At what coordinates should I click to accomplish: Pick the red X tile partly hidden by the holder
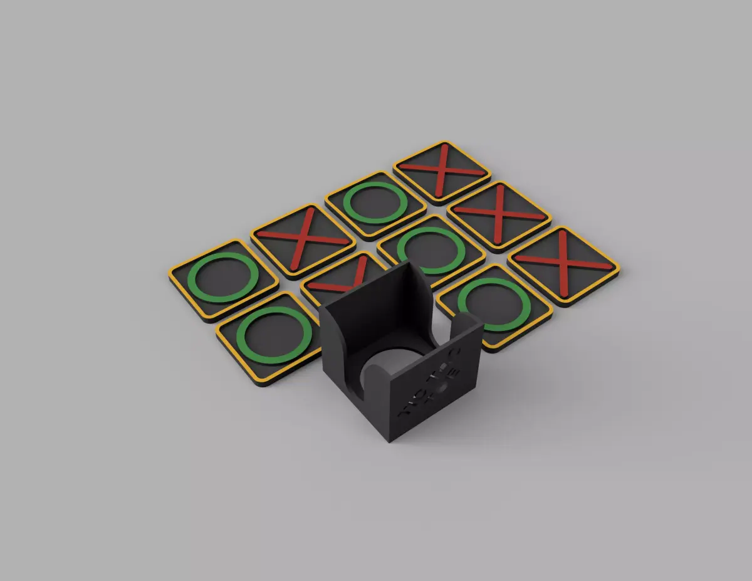coord(338,278)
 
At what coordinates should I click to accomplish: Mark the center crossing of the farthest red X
coord(442,169)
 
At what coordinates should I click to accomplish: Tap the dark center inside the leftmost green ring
coord(223,277)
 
